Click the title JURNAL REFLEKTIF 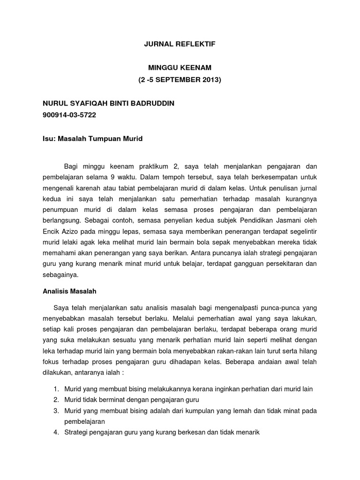[180, 45]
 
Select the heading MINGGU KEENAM [180, 68]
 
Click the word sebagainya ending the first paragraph [60, 275]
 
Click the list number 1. [55, 389]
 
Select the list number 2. [55, 400]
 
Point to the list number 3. [55, 411]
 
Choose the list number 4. [55, 432]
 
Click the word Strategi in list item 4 [76, 432]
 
